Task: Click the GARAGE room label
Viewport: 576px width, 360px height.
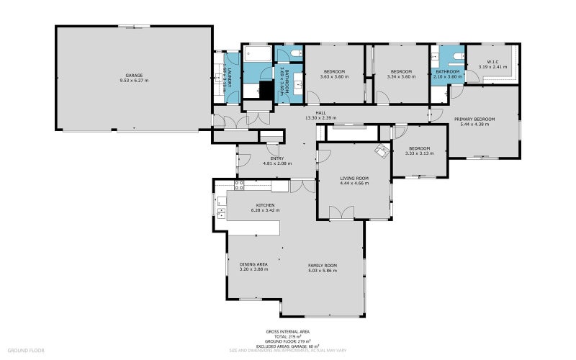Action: pos(134,76)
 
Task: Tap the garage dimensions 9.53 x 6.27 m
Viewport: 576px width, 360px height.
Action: pos(134,81)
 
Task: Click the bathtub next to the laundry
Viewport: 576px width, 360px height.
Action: pos(256,54)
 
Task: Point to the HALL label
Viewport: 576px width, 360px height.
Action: pos(320,113)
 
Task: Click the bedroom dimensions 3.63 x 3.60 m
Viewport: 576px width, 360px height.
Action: pos(333,76)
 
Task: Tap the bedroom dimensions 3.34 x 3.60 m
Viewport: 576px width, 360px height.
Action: pos(400,76)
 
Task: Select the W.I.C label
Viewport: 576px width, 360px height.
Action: pos(493,62)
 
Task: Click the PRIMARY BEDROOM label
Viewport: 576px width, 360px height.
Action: pos(474,119)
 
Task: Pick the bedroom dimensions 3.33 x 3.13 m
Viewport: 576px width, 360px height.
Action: pos(420,153)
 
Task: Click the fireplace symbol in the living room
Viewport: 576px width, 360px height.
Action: pos(381,150)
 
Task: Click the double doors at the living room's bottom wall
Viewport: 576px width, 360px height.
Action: pos(341,212)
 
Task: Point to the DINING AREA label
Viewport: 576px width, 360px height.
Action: pos(253,264)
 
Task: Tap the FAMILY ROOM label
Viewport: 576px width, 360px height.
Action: pos(323,266)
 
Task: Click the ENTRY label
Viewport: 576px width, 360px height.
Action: pos(277,158)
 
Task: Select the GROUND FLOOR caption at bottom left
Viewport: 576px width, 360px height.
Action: pos(27,350)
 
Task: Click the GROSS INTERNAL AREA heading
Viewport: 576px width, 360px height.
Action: pos(289,332)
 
